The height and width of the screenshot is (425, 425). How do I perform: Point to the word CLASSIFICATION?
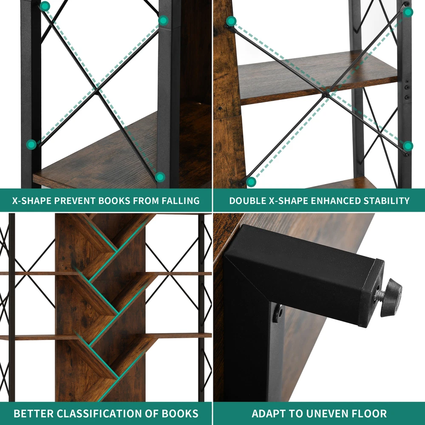coord(98,414)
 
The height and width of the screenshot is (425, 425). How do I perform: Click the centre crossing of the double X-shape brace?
coord(326,95)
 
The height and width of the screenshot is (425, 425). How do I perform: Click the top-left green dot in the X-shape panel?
coord(45,6)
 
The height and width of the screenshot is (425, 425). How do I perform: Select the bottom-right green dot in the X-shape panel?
coord(160,177)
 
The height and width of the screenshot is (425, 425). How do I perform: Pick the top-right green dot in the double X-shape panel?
coord(408,12)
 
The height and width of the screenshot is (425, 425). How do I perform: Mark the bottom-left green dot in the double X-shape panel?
coord(251,181)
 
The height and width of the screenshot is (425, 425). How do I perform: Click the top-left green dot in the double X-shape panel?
coord(231,21)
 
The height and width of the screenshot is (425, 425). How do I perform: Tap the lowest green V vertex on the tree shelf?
coord(118,377)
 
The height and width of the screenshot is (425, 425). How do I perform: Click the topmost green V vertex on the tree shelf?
coord(117,250)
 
